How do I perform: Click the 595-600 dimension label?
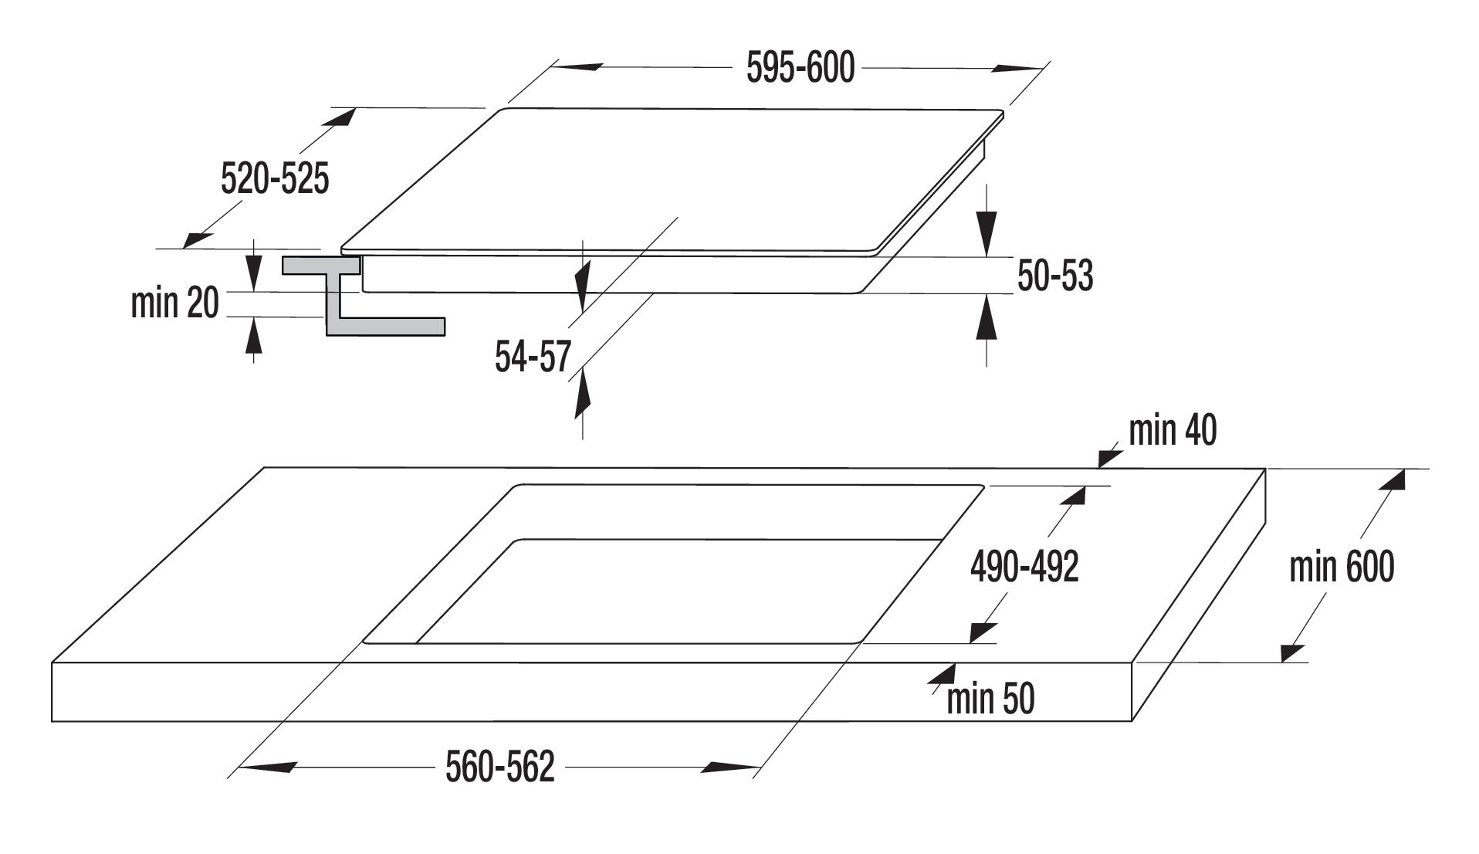point(800,68)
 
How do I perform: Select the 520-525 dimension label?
point(275,178)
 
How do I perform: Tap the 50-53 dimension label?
point(1055,276)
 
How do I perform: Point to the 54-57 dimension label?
point(533,357)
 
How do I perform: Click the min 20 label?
point(175,303)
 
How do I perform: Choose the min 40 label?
point(1173,430)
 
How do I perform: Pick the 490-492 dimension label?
point(1024,567)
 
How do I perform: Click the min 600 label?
point(1342,567)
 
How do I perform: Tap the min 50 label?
point(990,699)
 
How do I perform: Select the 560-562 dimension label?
point(500,768)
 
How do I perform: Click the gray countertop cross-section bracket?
point(363,296)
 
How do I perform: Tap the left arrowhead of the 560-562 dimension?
point(267,768)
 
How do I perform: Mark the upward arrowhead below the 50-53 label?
point(987,318)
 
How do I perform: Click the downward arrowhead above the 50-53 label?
point(987,232)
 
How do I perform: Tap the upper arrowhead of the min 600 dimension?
point(1391,482)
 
